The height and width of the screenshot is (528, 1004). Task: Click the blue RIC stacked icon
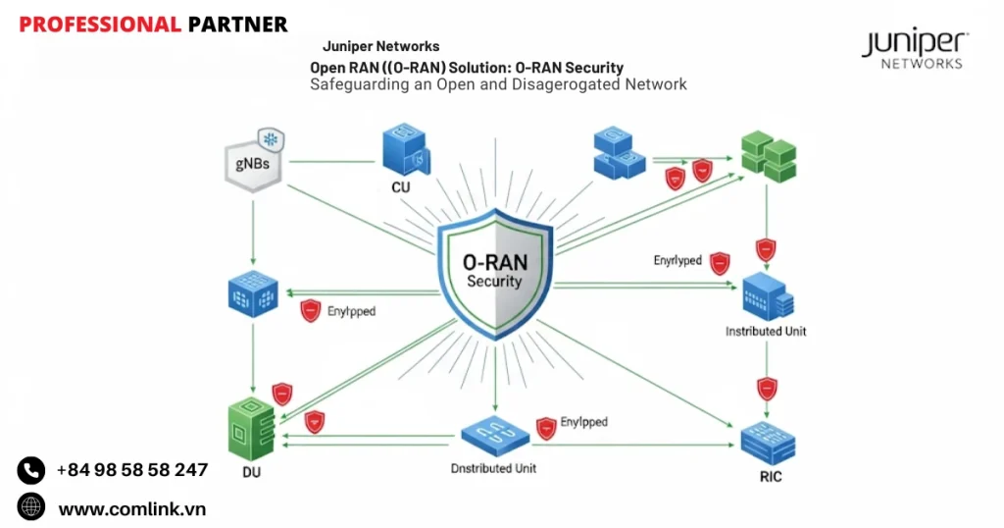pyautogui.click(x=768, y=441)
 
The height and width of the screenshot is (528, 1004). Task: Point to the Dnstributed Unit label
pyautogui.click(x=495, y=469)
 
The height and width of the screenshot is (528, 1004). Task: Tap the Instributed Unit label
pyautogui.click(x=766, y=332)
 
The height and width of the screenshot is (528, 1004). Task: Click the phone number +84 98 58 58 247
pyautogui.click(x=132, y=470)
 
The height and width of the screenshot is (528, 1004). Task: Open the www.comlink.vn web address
pyautogui.click(x=132, y=508)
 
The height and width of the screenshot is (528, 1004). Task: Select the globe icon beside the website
pyautogui.click(x=31, y=507)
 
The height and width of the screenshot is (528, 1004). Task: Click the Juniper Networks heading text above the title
pyautogui.click(x=381, y=46)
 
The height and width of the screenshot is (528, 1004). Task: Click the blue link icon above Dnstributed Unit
pyautogui.click(x=495, y=435)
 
